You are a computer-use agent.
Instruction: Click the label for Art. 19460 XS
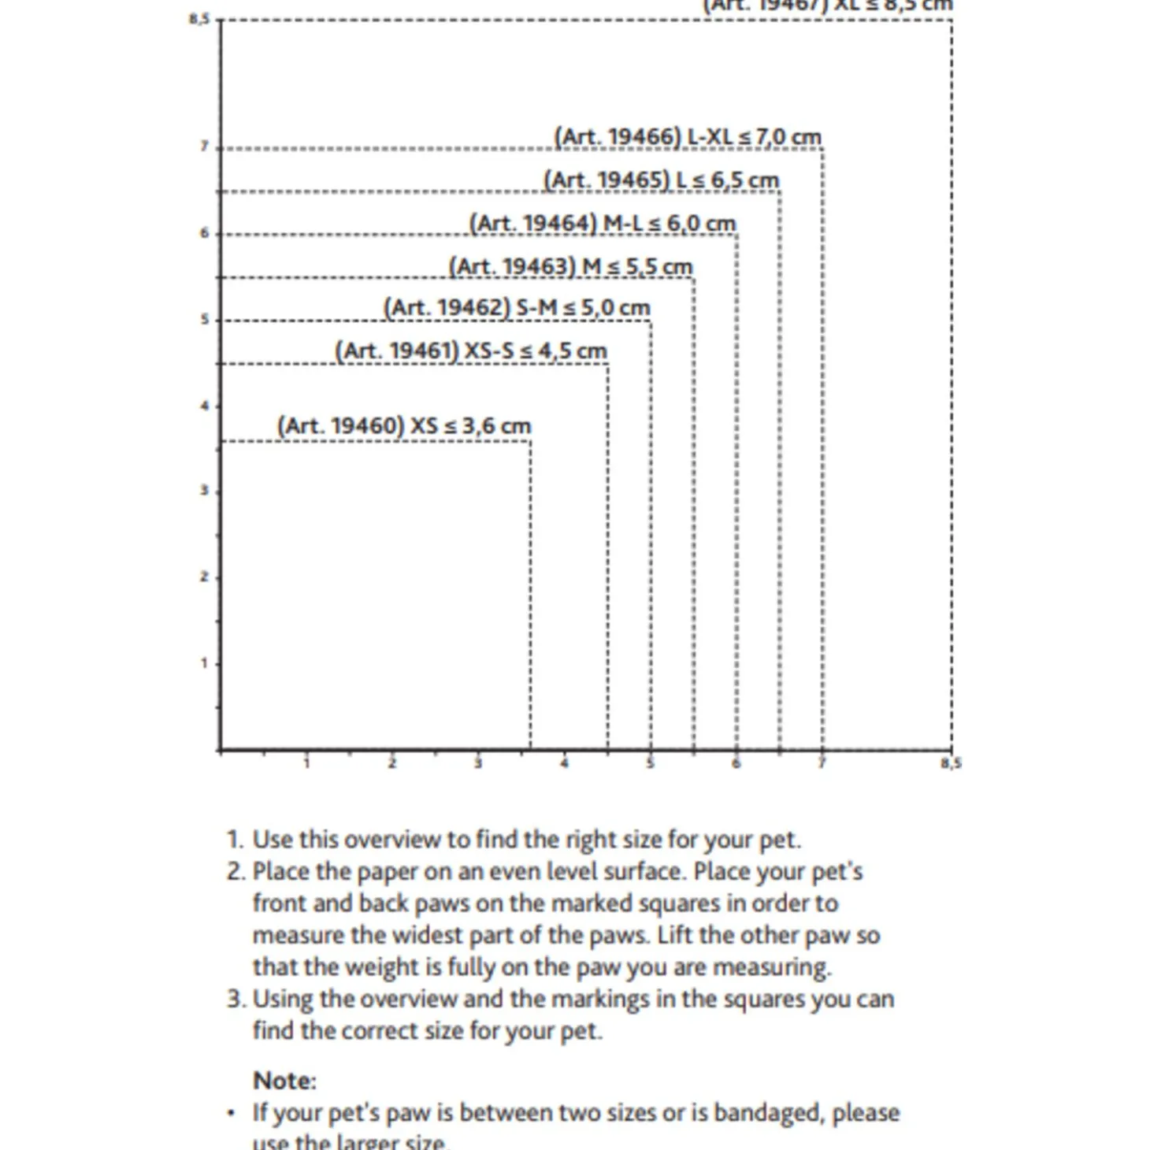click(x=404, y=426)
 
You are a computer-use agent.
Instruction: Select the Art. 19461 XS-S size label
click(x=471, y=351)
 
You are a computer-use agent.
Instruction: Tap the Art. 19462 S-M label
click(x=517, y=307)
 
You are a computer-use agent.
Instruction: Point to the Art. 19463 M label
click(x=570, y=266)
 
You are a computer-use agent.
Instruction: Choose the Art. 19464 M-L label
click(x=603, y=224)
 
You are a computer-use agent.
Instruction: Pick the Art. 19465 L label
click(x=661, y=180)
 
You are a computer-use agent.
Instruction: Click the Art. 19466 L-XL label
click(x=688, y=137)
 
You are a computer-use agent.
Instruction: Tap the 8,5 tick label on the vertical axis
click(x=198, y=19)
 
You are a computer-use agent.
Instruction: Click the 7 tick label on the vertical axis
click(x=204, y=147)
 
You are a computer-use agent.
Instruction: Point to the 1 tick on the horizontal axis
click(x=306, y=762)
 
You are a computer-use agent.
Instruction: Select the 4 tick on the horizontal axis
click(x=564, y=762)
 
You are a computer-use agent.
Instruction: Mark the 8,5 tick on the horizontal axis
click(x=951, y=762)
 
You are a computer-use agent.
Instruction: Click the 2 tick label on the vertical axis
click(x=204, y=577)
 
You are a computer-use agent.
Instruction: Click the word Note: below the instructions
click(x=284, y=1080)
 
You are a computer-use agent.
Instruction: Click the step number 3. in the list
click(x=236, y=999)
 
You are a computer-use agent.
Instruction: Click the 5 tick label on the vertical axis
click(x=204, y=319)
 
